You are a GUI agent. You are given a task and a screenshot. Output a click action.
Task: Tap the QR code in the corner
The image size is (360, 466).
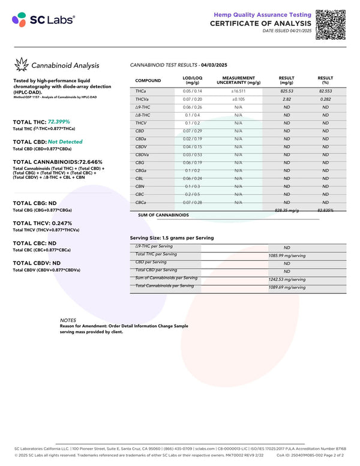[330, 25]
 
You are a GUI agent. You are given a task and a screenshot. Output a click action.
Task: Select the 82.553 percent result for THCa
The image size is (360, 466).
[325, 90]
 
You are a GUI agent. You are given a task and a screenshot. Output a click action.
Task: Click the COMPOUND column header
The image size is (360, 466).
[148, 80]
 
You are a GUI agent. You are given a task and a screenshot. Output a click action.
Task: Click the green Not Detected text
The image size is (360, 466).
[65, 142]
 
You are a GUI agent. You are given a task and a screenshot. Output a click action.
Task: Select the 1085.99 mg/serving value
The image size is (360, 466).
[287, 255]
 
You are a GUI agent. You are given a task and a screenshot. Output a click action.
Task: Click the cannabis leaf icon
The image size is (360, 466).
[22, 65]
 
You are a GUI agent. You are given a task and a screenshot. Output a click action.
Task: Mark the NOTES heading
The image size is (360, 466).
[68, 320]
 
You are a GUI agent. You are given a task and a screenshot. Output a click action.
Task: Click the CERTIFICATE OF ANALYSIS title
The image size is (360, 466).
[260, 23]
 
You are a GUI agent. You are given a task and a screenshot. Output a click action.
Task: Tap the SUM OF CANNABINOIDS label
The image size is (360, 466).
[163, 215]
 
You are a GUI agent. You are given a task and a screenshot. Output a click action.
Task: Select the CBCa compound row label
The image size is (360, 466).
[142, 203]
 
